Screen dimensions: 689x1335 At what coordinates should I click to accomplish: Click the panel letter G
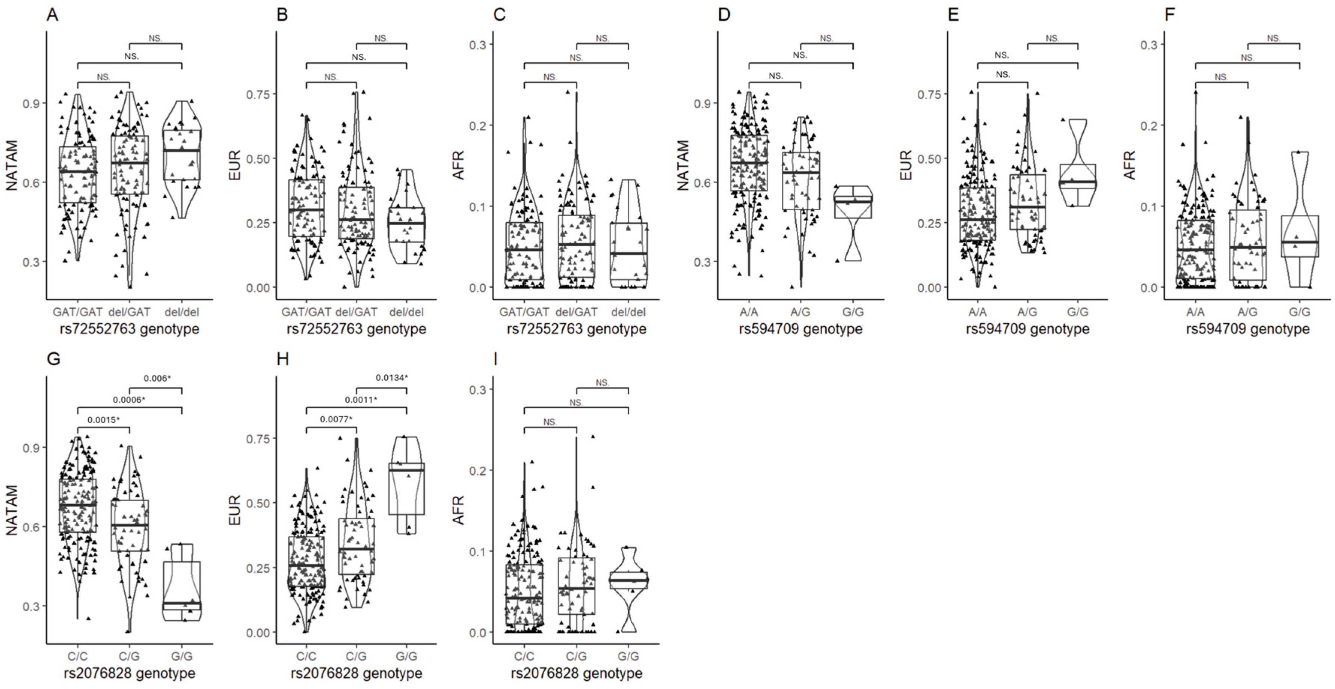(x=53, y=359)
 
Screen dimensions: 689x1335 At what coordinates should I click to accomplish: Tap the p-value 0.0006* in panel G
(x=129, y=400)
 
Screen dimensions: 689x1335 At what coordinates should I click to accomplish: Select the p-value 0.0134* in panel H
(x=392, y=378)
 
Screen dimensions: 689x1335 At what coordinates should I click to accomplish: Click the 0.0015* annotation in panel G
(x=104, y=420)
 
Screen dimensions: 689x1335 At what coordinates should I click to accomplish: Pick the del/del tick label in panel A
(x=182, y=312)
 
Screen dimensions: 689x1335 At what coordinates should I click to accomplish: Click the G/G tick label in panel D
(x=853, y=312)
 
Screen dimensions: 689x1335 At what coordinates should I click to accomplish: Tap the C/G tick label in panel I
(x=576, y=656)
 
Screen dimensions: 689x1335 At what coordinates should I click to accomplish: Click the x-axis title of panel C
(x=576, y=329)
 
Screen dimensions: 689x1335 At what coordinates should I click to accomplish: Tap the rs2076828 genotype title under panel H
(x=356, y=674)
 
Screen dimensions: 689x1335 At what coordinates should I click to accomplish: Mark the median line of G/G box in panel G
(x=182, y=604)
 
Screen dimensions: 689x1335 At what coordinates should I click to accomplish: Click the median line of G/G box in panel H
(x=407, y=470)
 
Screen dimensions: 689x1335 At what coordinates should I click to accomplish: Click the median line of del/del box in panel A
(x=182, y=150)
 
